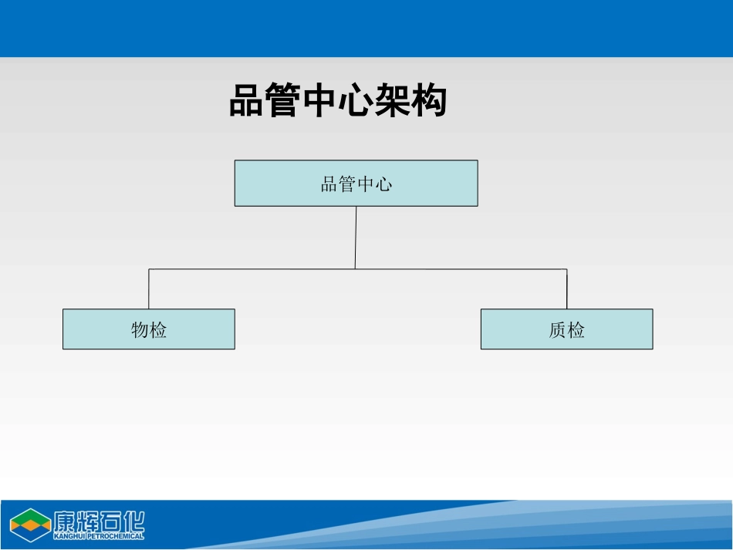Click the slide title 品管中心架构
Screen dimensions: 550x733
tap(338, 101)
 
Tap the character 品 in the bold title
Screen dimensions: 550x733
tap(247, 101)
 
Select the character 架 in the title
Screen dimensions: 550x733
tap(392, 101)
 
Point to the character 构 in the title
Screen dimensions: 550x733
tap(429, 101)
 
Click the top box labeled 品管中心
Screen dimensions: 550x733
tap(356, 183)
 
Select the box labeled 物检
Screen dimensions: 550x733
tap(148, 329)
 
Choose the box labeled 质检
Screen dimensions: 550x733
tap(566, 329)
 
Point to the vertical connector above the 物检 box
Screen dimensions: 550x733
tap(149, 289)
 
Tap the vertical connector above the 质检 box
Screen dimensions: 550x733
tap(566, 289)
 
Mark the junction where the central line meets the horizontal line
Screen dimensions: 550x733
tap(355, 268)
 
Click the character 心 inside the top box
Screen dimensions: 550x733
tap(383, 184)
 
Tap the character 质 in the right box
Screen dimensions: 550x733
tap(557, 330)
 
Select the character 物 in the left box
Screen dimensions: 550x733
tap(140, 330)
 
